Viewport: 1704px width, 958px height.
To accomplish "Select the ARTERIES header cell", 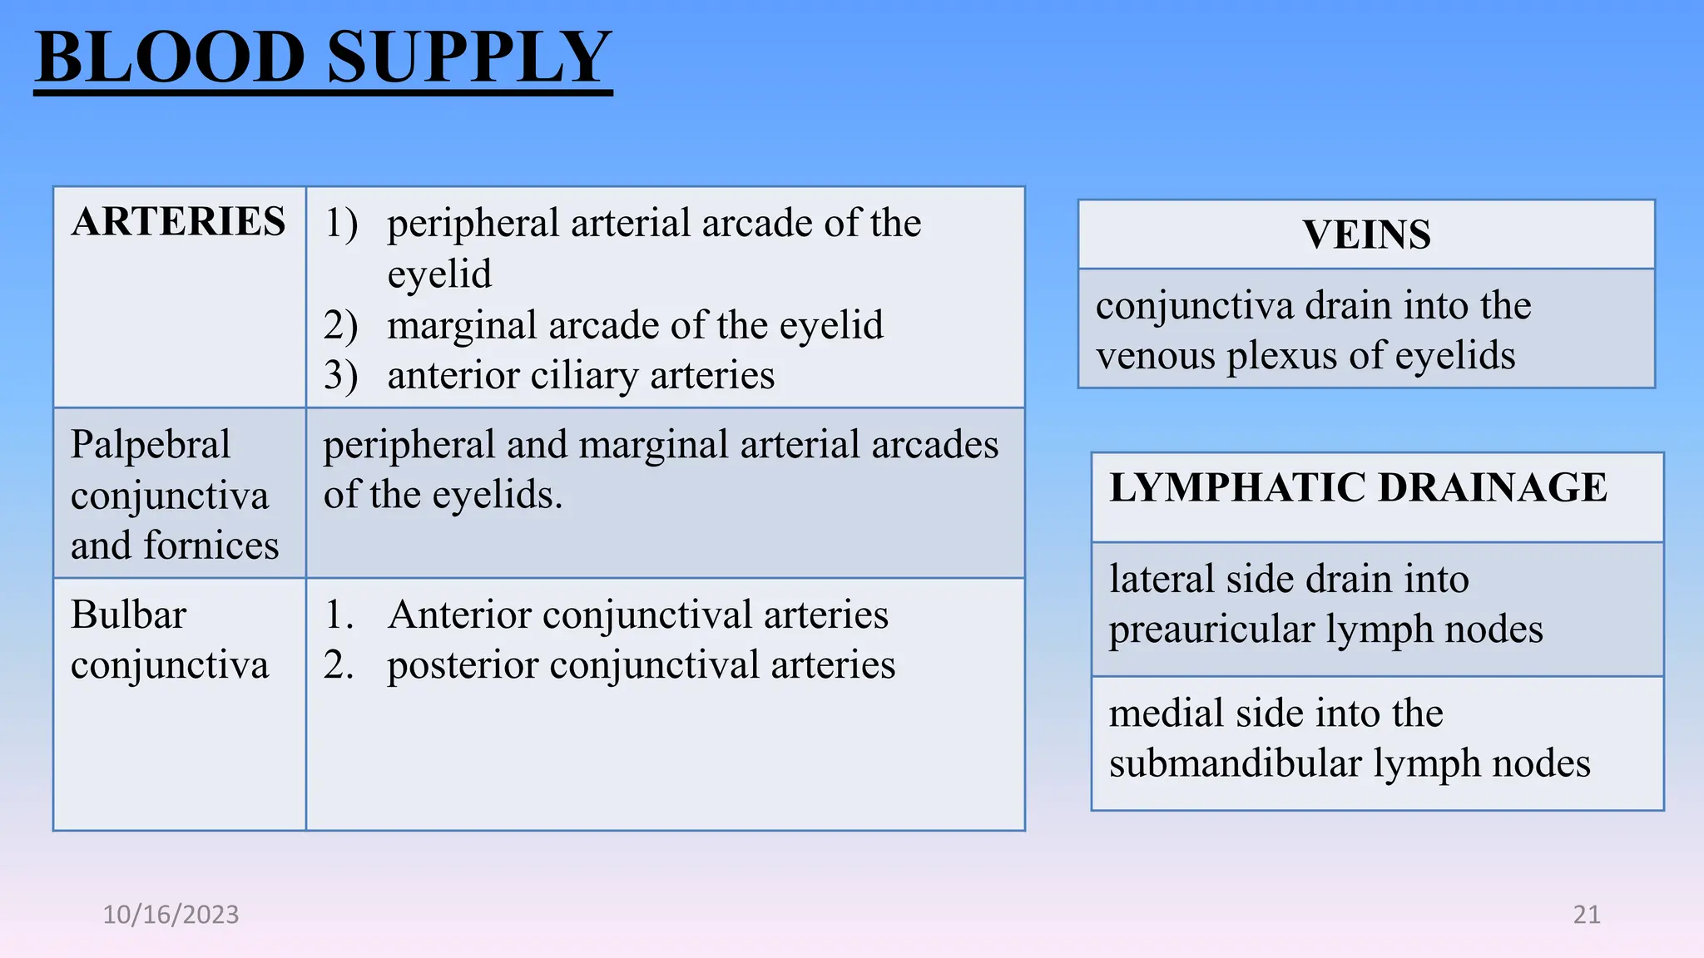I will pyautogui.click(x=178, y=222).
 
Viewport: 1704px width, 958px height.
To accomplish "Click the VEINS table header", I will pyautogui.click(x=1366, y=235).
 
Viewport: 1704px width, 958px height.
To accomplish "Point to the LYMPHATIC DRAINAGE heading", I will pyautogui.click(x=1358, y=487).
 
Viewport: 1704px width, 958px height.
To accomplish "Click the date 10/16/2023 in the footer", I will pyautogui.click(x=171, y=915).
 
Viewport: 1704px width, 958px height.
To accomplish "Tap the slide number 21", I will pyautogui.click(x=1587, y=915).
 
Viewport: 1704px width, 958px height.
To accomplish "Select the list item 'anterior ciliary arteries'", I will pyautogui.click(x=581, y=376).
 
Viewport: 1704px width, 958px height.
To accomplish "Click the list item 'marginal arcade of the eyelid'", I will pyautogui.click(x=635, y=325).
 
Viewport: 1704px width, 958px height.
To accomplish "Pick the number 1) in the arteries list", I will pyautogui.click(x=340, y=223).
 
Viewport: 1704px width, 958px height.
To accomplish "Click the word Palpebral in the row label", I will pyautogui.click(x=151, y=445).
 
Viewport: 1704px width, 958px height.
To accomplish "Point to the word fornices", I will pyautogui.click(x=211, y=546).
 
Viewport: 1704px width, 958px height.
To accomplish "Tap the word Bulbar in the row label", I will pyautogui.click(x=128, y=615).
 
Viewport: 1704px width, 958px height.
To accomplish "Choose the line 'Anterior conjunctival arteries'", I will pyautogui.click(x=637, y=615).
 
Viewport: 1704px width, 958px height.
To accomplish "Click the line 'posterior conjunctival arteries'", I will pyautogui.click(x=641, y=665).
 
